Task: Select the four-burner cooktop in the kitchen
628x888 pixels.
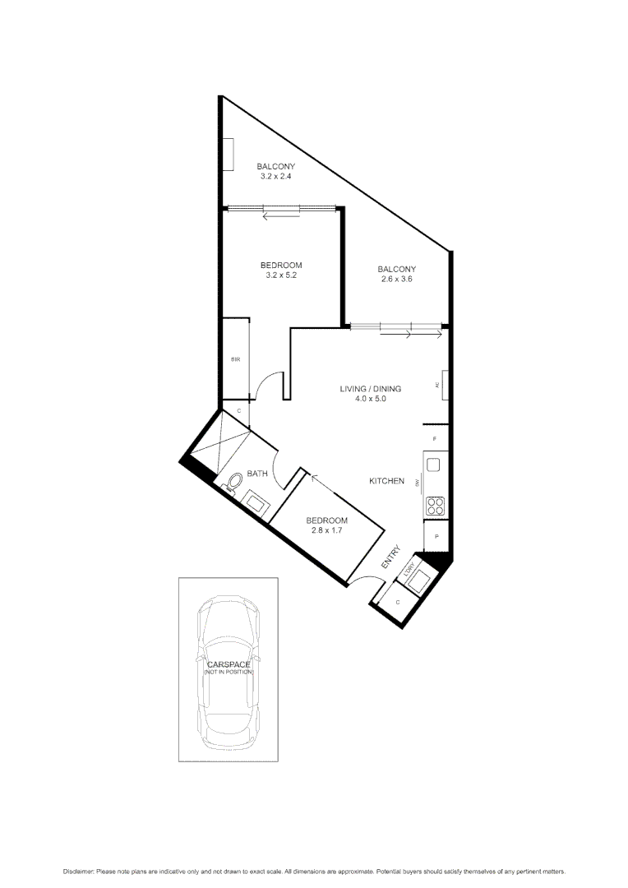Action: (x=435, y=506)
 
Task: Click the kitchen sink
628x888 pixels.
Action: (x=434, y=465)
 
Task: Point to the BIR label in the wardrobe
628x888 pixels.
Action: (x=234, y=359)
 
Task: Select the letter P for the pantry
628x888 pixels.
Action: (x=436, y=537)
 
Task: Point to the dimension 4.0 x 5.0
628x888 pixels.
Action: (x=364, y=399)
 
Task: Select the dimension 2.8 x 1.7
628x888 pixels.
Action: (x=326, y=530)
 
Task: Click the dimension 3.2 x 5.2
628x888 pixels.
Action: (x=280, y=275)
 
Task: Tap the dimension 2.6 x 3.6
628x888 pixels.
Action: (x=396, y=280)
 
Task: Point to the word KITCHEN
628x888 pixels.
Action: (x=386, y=481)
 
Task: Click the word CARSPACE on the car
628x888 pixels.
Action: (x=228, y=664)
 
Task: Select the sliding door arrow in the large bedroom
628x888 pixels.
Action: (x=280, y=216)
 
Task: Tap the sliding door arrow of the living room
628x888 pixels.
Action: (x=424, y=334)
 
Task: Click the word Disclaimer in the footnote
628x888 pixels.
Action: (x=78, y=871)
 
